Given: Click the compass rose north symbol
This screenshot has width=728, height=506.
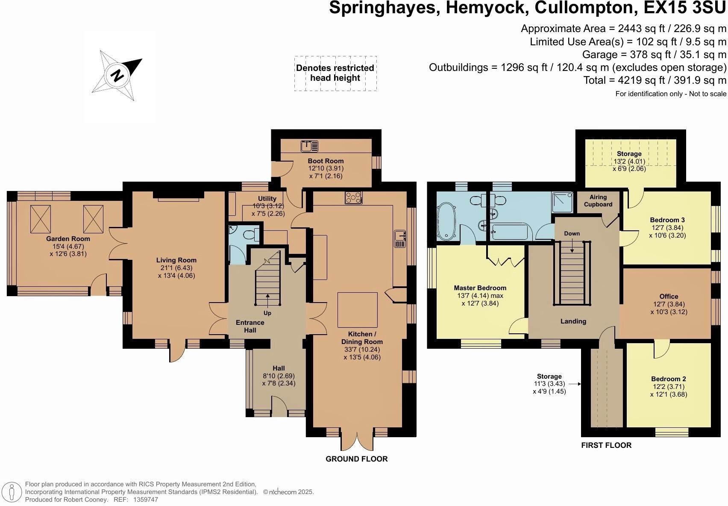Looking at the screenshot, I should point(117,76).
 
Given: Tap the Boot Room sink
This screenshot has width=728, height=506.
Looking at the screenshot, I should point(309,146).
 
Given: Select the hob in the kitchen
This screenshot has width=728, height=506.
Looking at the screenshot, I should point(354,197).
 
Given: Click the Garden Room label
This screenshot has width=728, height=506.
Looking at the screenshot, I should point(68,239).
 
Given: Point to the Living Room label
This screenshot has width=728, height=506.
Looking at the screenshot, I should point(176,260).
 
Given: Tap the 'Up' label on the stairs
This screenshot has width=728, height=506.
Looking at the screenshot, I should point(267,313).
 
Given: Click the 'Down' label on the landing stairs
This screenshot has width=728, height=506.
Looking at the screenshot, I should point(572,233).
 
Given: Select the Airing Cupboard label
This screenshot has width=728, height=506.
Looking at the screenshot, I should point(598,200).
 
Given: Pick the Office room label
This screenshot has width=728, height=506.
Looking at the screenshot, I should point(669,296).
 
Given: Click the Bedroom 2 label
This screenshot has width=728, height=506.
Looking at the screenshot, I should point(669,379).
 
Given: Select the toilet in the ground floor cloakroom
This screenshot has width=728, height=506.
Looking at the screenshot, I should point(250,234).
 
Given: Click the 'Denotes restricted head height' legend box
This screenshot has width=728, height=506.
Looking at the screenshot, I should point(335,73).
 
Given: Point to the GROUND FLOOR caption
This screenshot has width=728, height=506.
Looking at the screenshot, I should point(357,459).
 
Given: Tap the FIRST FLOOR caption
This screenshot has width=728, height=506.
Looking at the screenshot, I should point(606,445).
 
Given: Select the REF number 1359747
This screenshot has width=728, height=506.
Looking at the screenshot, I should point(146,499).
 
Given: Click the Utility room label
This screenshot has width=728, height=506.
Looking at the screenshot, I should point(267,198).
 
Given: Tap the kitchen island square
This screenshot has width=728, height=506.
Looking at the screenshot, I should point(358,309).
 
